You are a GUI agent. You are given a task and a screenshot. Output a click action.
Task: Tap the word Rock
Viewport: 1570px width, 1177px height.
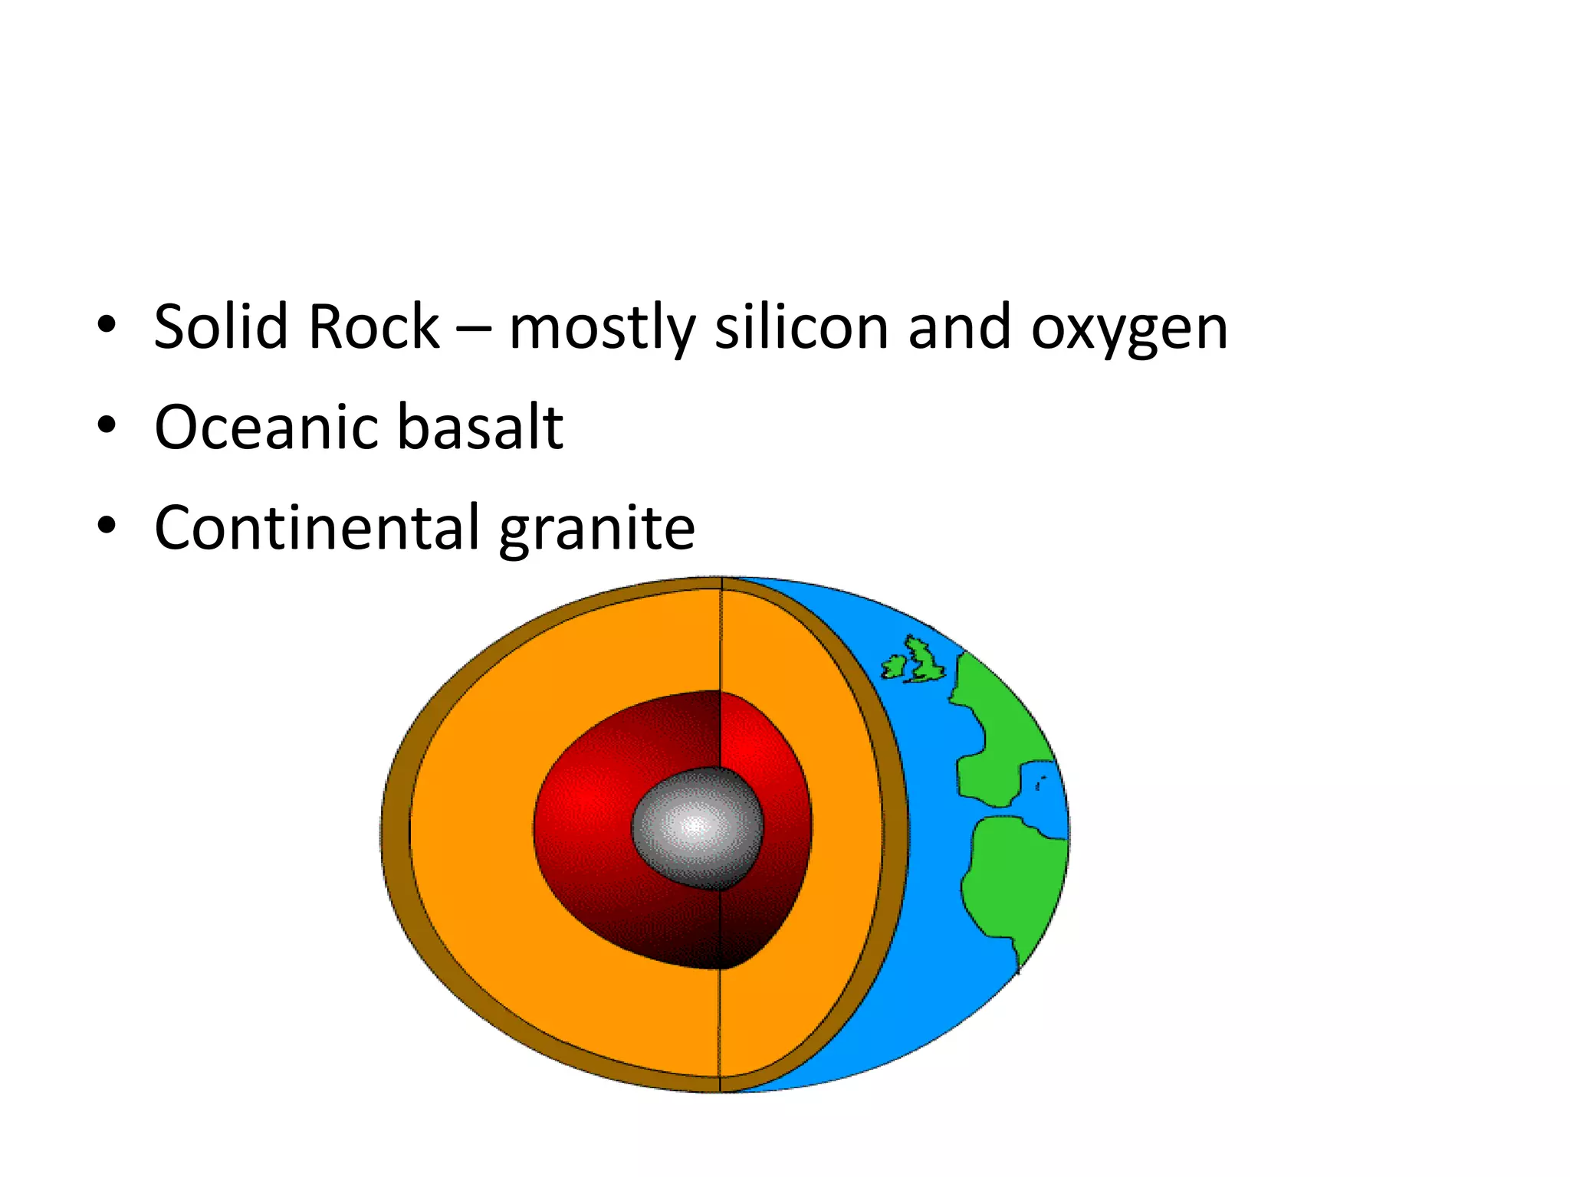(373, 327)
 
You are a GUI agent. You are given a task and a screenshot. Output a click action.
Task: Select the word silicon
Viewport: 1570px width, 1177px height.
(801, 327)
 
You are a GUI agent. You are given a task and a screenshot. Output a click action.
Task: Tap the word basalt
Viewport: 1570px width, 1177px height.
(481, 427)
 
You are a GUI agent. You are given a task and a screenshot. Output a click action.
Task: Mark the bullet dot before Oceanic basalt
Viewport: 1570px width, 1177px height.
(107, 425)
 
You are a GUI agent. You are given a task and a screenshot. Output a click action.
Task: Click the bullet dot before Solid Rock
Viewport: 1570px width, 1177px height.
(107, 325)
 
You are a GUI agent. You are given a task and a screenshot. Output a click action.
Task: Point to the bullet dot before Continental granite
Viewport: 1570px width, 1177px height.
(107, 526)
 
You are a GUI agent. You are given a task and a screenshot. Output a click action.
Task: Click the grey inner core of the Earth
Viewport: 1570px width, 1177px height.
(696, 828)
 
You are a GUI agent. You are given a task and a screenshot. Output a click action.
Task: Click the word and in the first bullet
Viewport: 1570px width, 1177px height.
(959, 327)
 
